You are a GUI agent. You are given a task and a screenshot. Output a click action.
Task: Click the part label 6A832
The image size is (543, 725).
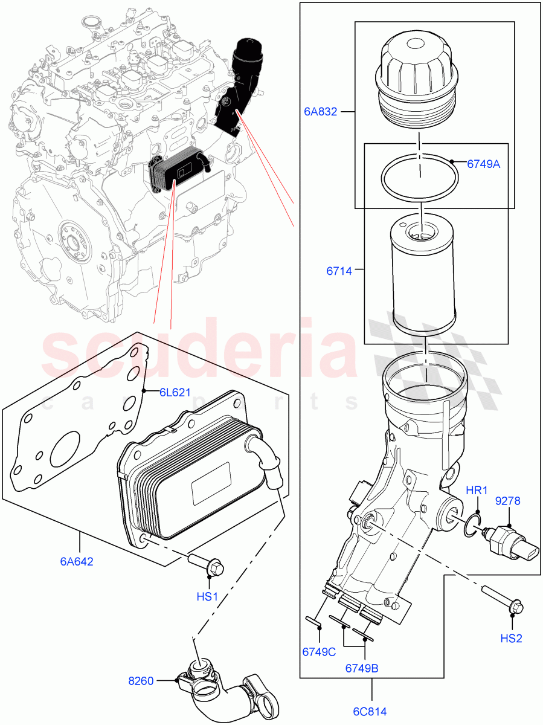321,111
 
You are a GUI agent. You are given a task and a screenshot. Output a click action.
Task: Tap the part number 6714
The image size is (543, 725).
339,271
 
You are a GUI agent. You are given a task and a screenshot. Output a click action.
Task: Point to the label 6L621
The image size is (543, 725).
175,392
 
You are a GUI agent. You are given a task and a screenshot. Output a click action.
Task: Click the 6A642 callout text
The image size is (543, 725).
76,561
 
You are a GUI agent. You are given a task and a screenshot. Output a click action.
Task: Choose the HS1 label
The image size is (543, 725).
207,596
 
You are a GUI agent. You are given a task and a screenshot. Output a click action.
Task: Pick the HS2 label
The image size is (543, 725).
511,638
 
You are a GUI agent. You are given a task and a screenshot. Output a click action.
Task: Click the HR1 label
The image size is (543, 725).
477,491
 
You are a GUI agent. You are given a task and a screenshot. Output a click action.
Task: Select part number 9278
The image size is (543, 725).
508,501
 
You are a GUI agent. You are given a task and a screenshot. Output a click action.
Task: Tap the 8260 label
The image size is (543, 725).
142,681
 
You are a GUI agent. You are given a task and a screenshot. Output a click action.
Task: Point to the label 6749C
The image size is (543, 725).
318,652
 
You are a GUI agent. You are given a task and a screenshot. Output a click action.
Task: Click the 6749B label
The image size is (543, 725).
362,668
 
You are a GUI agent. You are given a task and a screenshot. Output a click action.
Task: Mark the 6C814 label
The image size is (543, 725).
371,711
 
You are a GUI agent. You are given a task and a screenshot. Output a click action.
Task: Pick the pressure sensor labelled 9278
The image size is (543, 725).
510,542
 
